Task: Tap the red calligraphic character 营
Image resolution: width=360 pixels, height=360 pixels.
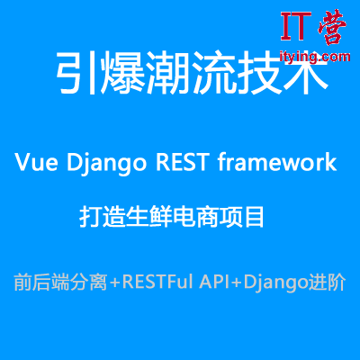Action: coord(332,26)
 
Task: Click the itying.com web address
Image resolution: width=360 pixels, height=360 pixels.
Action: coord(315,57)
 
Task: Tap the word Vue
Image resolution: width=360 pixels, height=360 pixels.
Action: coord(36,162)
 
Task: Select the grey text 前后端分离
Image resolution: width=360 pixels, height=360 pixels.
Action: coord(60,282)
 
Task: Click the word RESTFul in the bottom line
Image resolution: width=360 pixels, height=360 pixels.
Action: coord(157,282)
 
